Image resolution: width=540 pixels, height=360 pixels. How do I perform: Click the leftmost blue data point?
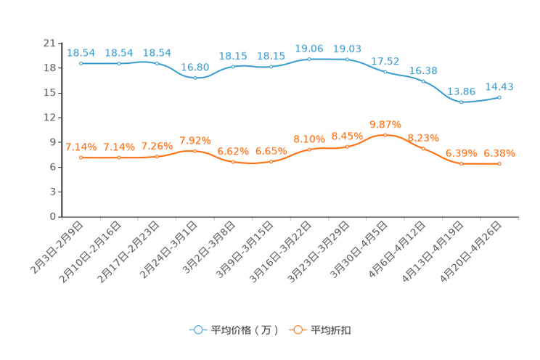81,64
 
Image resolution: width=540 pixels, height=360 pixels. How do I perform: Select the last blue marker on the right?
499,97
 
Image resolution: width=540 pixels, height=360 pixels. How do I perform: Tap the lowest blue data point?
461,103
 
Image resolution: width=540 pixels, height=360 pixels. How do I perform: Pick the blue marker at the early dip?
195,77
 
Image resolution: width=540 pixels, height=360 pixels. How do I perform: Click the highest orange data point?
385,135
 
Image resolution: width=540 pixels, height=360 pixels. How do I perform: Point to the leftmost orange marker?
81,157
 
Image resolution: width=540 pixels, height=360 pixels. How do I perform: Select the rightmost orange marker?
499,164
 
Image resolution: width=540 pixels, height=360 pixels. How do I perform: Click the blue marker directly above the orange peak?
385,71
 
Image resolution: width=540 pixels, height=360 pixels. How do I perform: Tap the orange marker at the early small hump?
195,151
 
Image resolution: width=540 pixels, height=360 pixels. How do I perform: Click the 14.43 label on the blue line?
499,86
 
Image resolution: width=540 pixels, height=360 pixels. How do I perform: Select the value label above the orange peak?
385,124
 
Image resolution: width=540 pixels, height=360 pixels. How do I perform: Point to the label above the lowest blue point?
461,92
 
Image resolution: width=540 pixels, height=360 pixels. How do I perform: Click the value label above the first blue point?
81,52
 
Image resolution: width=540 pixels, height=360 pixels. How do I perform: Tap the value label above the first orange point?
81,147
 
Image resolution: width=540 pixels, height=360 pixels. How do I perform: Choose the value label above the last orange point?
499,153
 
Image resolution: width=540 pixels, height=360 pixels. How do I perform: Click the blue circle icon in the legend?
197,330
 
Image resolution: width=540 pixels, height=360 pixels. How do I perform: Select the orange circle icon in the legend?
296,330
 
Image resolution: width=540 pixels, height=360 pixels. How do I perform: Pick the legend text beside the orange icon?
332,330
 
